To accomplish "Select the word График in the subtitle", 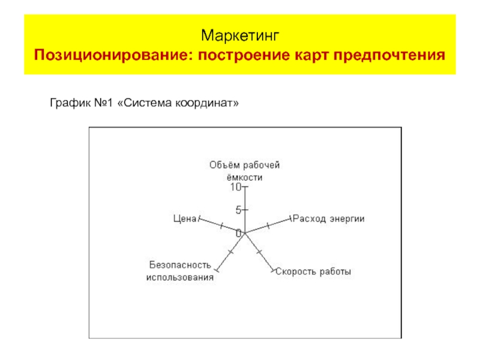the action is tap(68, 103).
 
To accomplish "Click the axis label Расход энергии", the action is tap(329, 218).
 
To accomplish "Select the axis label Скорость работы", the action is tap(313, 272).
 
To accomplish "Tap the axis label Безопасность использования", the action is tap(180, 271).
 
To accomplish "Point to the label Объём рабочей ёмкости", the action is tap(245, 171).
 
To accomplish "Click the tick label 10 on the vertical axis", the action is tap(235, 187).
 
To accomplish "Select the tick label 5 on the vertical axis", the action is tap(238, 210).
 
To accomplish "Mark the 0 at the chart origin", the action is tap(239, 233).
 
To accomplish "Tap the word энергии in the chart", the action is tap(347, 218).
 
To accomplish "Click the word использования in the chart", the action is tap(180, 278).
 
